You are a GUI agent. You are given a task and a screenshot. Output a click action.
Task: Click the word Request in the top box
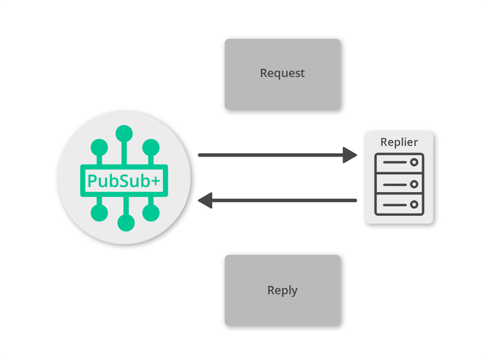coord(282,73)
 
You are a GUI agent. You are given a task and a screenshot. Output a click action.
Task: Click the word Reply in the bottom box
coord(282,291)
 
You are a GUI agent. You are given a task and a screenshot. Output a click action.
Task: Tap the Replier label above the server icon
coord(399,142)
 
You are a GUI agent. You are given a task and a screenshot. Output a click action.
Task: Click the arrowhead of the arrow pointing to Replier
coord(350,155)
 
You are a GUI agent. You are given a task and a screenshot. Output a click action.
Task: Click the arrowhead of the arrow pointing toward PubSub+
coord(205,200)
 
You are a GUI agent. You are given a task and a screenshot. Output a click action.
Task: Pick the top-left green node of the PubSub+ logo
coord(99,147)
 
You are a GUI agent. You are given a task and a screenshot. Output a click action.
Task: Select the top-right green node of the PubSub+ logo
coord(151,147)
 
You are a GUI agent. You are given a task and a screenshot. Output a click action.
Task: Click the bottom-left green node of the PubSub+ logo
coord(99,213)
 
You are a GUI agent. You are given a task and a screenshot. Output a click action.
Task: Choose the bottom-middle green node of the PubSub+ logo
coord(125,224)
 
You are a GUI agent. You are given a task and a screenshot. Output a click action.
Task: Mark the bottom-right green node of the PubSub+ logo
coord(151,213)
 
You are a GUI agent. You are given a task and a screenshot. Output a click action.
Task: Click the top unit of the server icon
coord(399,162)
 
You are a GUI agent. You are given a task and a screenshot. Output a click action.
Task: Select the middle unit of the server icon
coord(399,184)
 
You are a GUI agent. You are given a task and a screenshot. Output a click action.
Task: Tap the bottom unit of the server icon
coord(399,206)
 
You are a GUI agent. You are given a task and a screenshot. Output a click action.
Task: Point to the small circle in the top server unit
coord(414,162)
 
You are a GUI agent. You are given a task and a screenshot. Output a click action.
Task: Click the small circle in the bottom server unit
coord(414,206)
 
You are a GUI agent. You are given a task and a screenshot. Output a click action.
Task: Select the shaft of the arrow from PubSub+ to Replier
coord(268,155)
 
